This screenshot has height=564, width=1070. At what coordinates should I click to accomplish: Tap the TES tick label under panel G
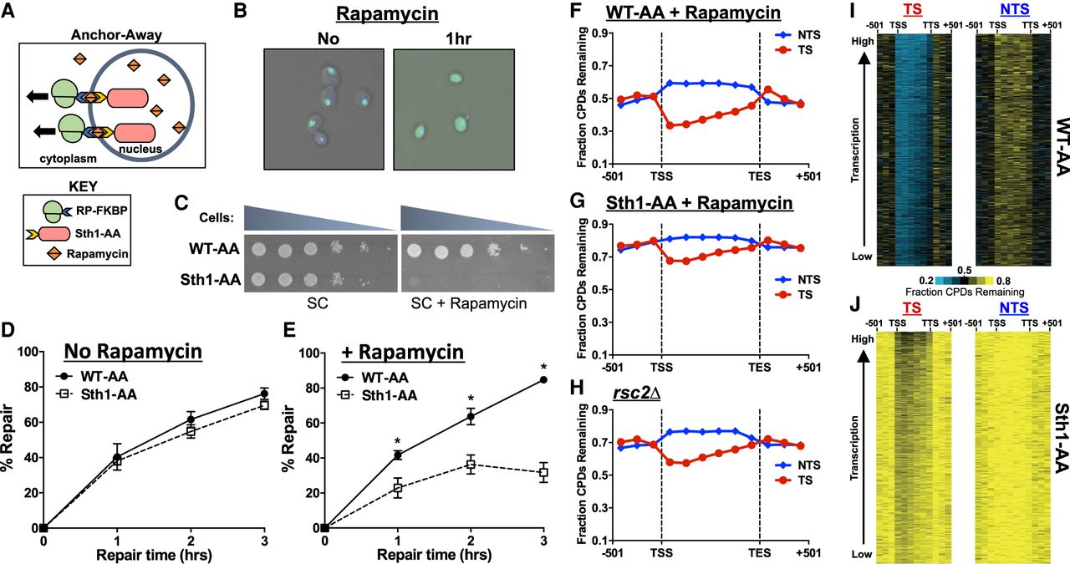point(760,365)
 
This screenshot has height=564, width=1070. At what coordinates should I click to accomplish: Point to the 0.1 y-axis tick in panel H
point(599,541)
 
